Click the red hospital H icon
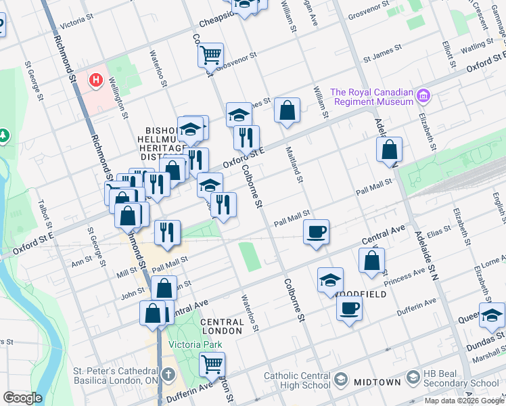tap(96, 81)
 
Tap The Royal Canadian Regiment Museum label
tap(371, 97)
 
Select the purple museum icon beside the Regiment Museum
tap(423, 95)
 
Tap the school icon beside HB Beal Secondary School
tap(413, 378)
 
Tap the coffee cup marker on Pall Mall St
tap(316, 231)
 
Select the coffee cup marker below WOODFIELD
tap(349, 307)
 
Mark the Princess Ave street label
tap(404, 272)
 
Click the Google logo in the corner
tap(22, 398)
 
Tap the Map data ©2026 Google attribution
tap(464, 401)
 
